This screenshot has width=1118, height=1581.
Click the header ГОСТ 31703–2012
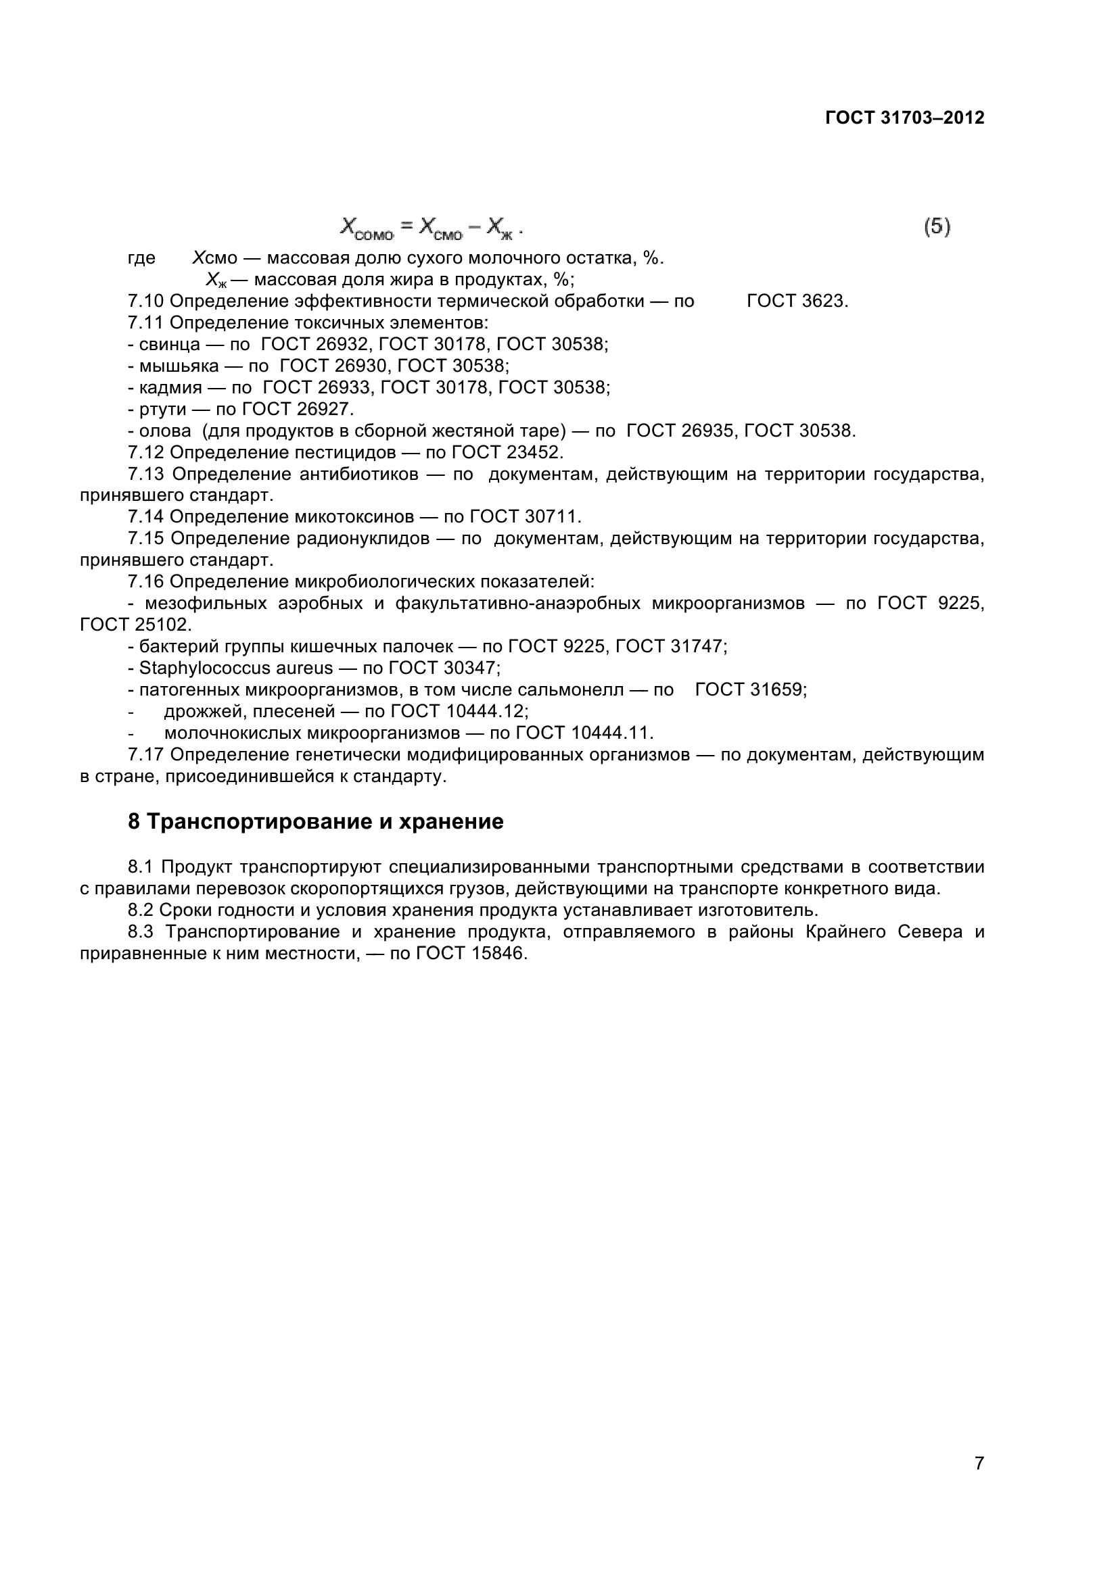(904, 118)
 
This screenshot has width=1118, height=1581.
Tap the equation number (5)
(937, 226)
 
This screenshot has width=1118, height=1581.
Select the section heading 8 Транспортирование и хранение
(315, 821)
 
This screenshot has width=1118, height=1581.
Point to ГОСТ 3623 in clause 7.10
(797, 301)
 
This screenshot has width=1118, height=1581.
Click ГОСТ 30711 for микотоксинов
(525, 516)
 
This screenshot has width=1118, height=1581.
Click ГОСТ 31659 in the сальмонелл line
(749, 689)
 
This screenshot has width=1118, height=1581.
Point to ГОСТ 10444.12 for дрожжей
(459, 710)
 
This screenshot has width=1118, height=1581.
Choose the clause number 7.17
(145, 755)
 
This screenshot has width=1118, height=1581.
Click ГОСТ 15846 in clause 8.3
(471, 954)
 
